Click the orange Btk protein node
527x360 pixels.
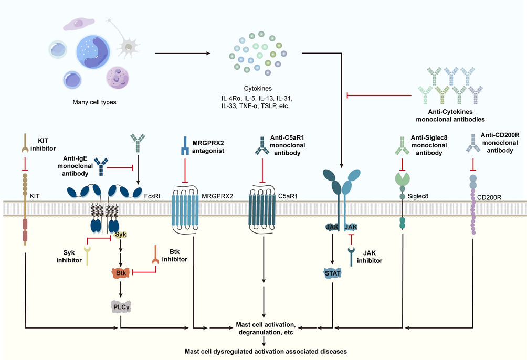(x=120, y=272)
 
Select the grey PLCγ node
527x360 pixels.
(x=120, y=306)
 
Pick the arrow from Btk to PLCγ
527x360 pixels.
(x=120, y=289)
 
